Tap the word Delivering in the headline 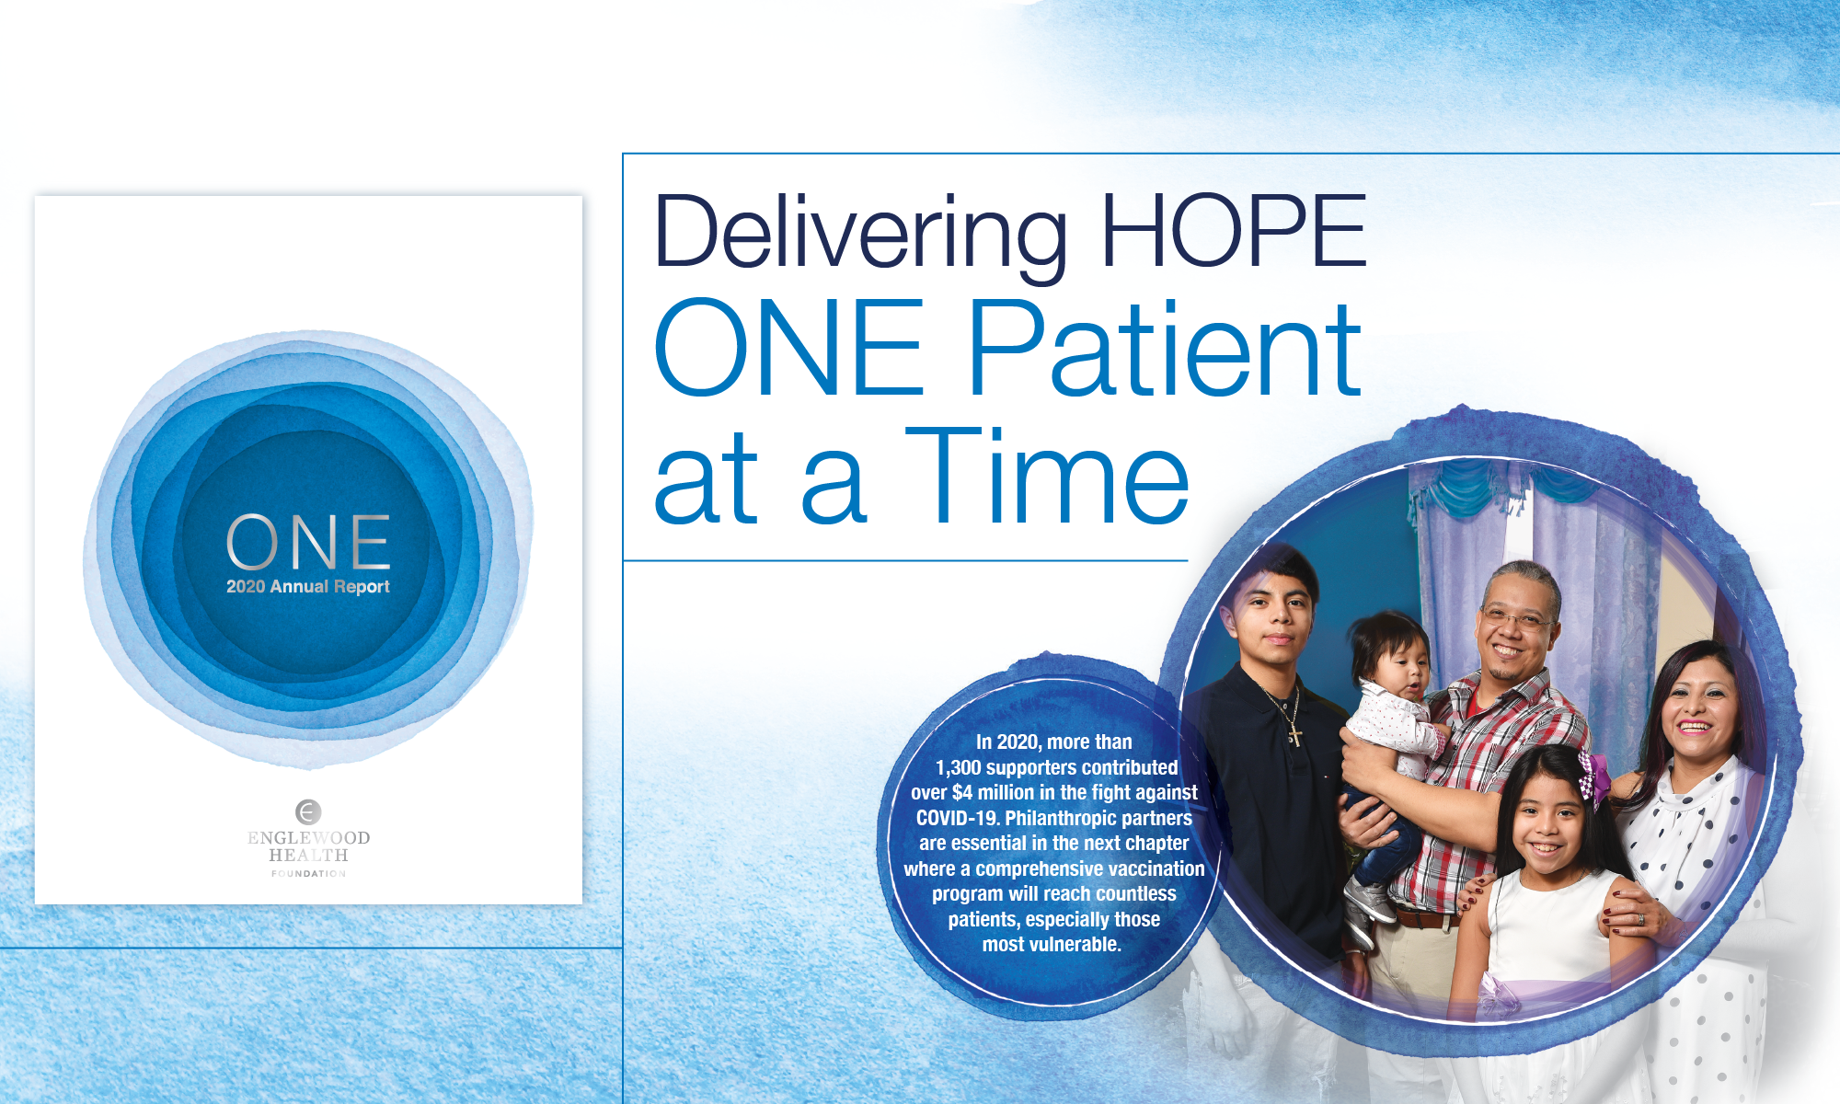point(860,236)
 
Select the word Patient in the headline point(1165,349)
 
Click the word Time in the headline point(1047,476)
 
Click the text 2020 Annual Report point(308,587)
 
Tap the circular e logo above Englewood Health point(308,811)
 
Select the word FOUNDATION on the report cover point(308,874)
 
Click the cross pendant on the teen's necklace point(1295,734)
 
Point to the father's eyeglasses point(1514,617)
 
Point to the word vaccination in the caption point(1156,869)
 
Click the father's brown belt point(1425,918)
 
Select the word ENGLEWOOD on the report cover point(308,838)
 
